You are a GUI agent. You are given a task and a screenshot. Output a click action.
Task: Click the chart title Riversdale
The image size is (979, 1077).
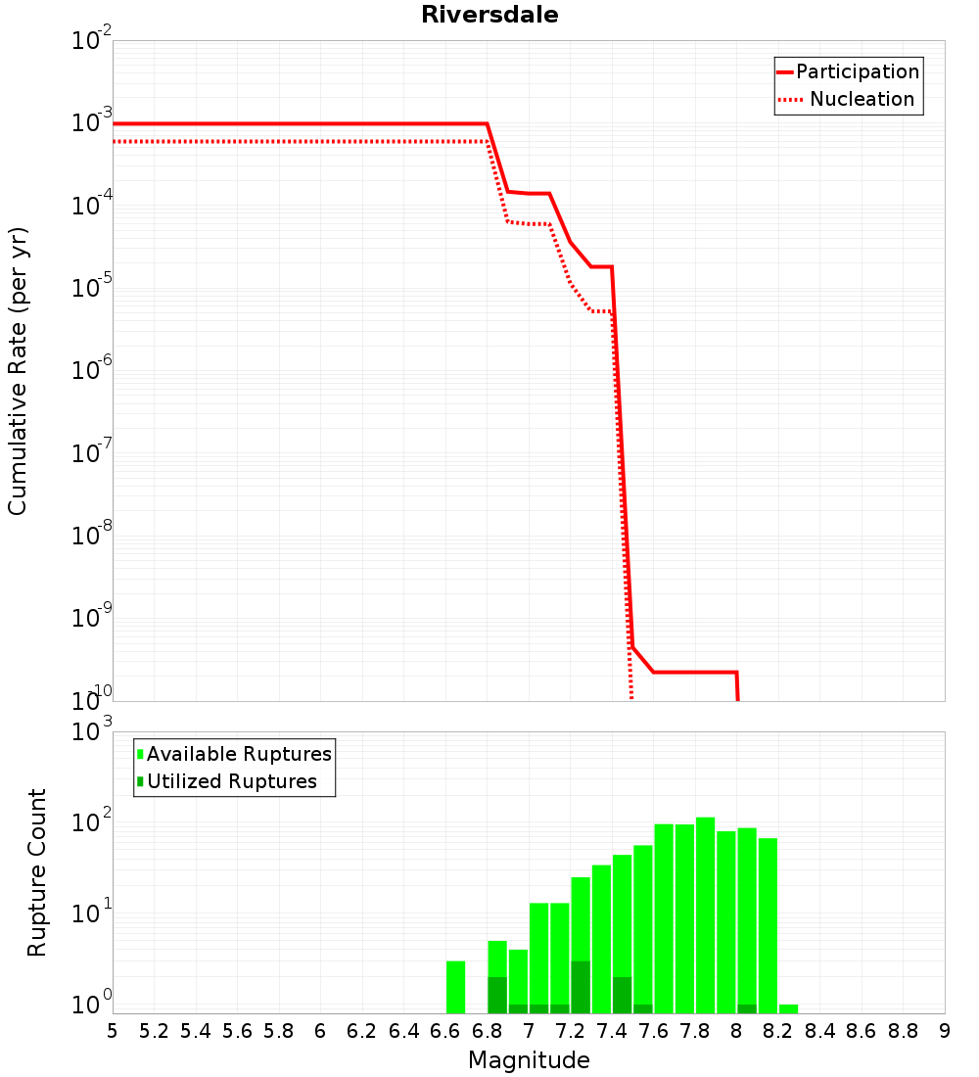[489, 15]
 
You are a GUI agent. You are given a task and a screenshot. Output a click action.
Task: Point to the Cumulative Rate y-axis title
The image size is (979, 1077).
[18, 371]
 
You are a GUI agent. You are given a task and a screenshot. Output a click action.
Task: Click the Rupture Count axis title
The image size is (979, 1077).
[37, 872]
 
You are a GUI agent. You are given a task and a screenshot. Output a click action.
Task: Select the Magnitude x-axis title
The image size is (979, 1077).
[529, 1060]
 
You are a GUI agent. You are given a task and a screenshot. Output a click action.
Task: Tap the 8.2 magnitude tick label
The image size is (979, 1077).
[778, 1031]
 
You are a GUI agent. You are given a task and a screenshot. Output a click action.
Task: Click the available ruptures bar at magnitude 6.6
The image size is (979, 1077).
[455, 987]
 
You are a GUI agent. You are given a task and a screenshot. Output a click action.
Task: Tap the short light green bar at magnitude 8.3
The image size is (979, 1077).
[788, 1008]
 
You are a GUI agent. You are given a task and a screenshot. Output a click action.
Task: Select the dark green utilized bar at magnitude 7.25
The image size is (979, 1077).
[581, 987]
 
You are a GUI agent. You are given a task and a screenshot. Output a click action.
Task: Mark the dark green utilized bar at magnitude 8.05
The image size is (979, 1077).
[747, 1008]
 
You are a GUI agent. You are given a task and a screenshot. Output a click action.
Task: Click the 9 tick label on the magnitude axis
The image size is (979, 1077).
[945, 1031]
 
